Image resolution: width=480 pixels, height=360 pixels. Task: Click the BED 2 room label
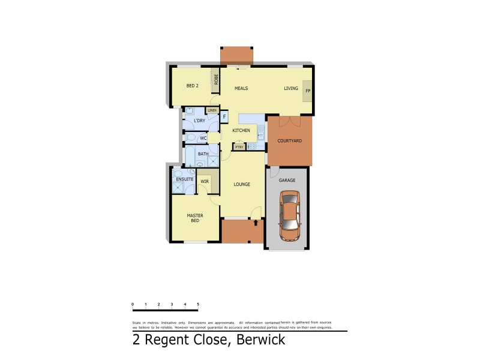tap(192, 86)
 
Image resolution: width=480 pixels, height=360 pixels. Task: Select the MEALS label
tap(241, 89)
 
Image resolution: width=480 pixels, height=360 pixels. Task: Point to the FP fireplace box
tap(308, 91)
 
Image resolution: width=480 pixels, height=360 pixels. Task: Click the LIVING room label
tap(291, 89)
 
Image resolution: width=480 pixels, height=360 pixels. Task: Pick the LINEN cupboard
tap(212, 110)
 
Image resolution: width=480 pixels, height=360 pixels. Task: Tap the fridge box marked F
tap(224, 116)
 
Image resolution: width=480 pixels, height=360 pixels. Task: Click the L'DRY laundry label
tap(199, 121)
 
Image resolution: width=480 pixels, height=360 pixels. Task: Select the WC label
tap(203, 138)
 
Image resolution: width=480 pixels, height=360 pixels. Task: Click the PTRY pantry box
tap(239, 146)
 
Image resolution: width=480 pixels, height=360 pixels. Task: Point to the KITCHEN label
tap(241, 130)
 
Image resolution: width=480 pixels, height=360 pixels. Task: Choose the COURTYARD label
tap(289, 141)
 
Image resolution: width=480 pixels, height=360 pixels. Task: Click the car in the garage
tap(289, 215)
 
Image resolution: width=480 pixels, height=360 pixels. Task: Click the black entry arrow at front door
tap(256, 223)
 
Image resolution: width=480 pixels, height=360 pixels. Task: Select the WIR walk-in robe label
tap(205, 181)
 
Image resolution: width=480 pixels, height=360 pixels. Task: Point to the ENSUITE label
tap(184, 179)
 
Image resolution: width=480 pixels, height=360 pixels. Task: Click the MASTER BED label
tap(194, 218)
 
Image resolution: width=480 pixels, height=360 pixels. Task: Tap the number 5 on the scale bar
tap(198, 305)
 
